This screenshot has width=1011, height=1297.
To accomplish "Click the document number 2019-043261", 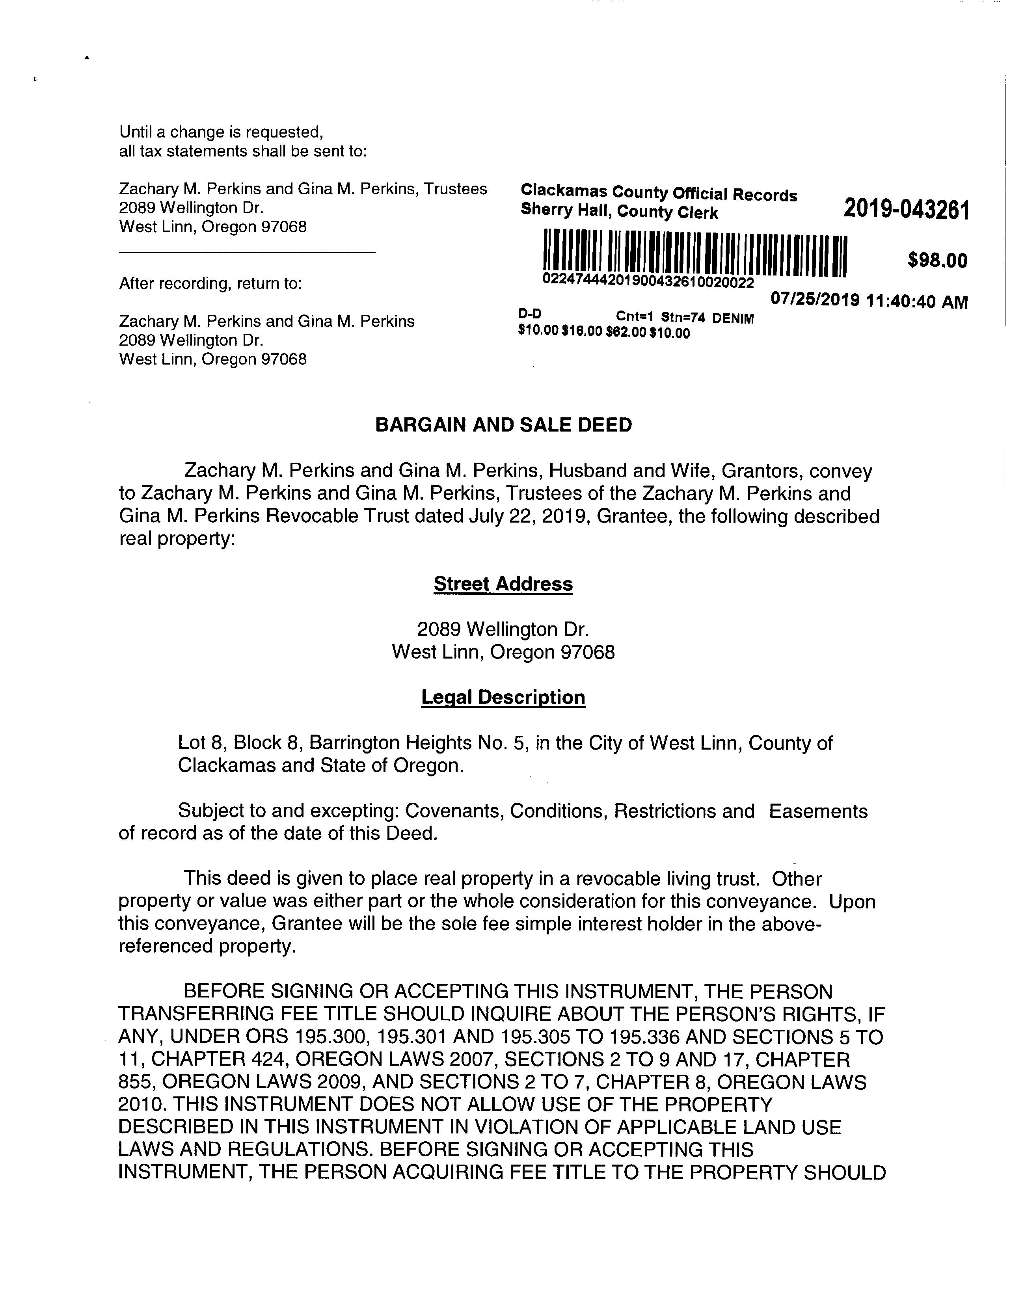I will click(x=906, y=210).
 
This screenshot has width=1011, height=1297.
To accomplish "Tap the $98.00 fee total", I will click(x=937, y=260).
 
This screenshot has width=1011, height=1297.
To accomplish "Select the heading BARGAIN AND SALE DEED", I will click(x=504, y=425).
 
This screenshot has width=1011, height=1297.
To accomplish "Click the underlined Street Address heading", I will click(x=503, y=584).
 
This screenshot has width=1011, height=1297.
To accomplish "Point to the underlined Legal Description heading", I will click(x=503, y=697).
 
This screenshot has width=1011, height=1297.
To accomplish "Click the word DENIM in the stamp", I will click(x=733, y=318).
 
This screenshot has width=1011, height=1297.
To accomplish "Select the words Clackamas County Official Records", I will click(x=658, y=193).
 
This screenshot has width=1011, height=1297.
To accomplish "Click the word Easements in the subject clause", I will click(x=818, y=811).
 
